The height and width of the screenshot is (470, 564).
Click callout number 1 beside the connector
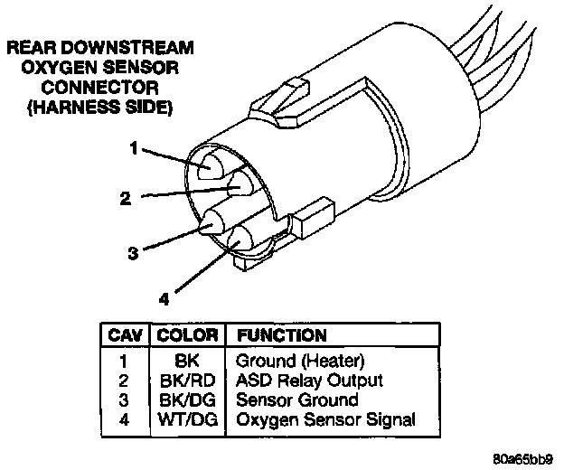point(133,149)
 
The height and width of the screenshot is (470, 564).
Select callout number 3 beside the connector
point(133,254)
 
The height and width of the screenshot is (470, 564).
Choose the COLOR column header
point(187,335)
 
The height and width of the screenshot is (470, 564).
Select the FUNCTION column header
point(280,335)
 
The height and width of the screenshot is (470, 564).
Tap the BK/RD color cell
point(187,381)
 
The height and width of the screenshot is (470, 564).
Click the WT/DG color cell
point(187,418)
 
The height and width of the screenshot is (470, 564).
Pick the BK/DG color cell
point(187,399)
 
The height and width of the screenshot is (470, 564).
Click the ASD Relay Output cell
point(308,381)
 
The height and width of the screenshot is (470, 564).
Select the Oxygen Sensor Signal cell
point(324,418)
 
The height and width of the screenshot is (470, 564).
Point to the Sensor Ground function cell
point(296,399)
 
